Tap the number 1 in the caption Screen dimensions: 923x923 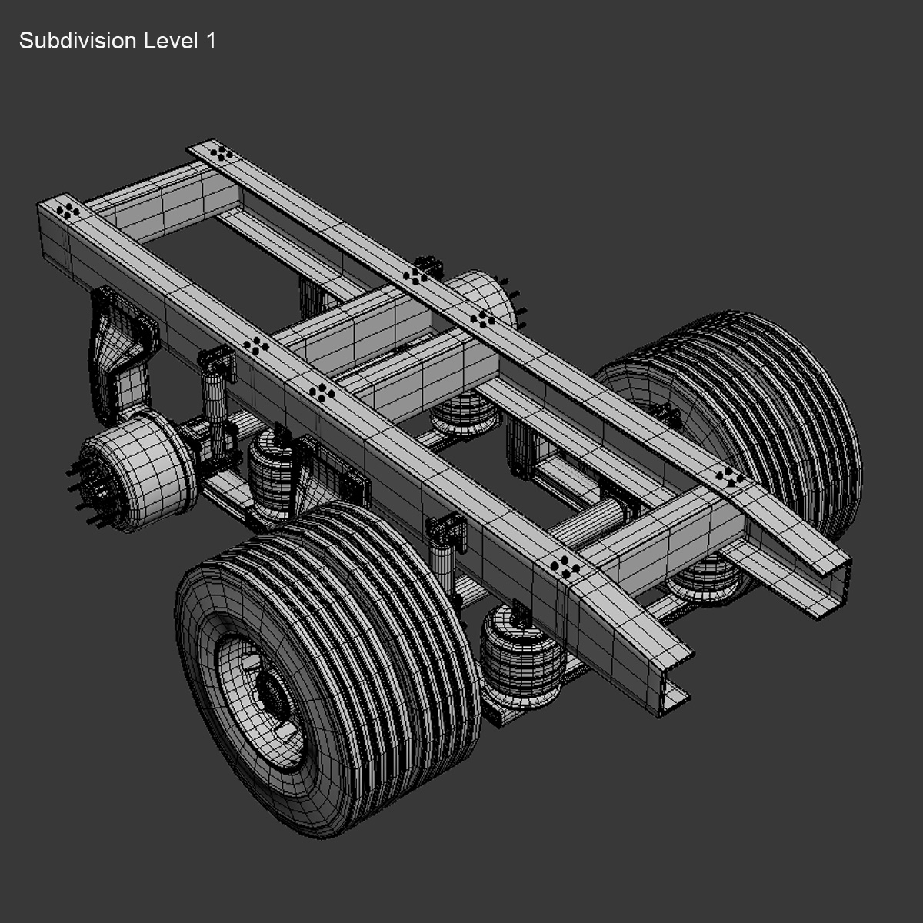click(x=210, y=41)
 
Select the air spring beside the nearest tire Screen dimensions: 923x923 click(x=516, y=654)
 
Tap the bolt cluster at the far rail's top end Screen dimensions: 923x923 click(x=221, y=153)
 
